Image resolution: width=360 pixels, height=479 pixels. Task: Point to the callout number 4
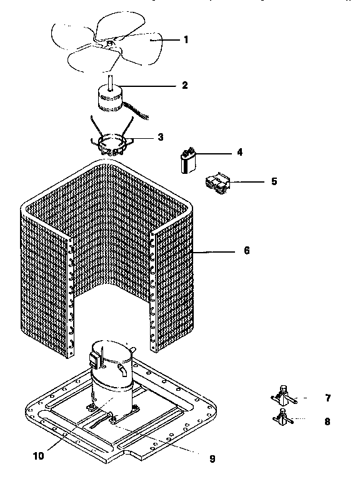click(x=239, y=153)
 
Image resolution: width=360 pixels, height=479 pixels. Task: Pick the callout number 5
click(x=274, y=182)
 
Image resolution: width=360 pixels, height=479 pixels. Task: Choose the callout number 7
click(x=327, y=398)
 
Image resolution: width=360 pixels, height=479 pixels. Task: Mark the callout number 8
click(x=327, y=421)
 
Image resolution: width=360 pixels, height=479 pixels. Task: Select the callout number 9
click(x=211, y=458)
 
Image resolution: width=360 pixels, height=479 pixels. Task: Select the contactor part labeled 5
click(x=217, y=182)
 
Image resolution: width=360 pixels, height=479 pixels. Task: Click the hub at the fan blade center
click(x=109, y=43)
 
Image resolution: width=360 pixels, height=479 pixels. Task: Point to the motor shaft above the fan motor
click(x=110, y=80)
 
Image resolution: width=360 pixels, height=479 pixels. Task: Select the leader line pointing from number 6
click(x=212, y=251)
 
